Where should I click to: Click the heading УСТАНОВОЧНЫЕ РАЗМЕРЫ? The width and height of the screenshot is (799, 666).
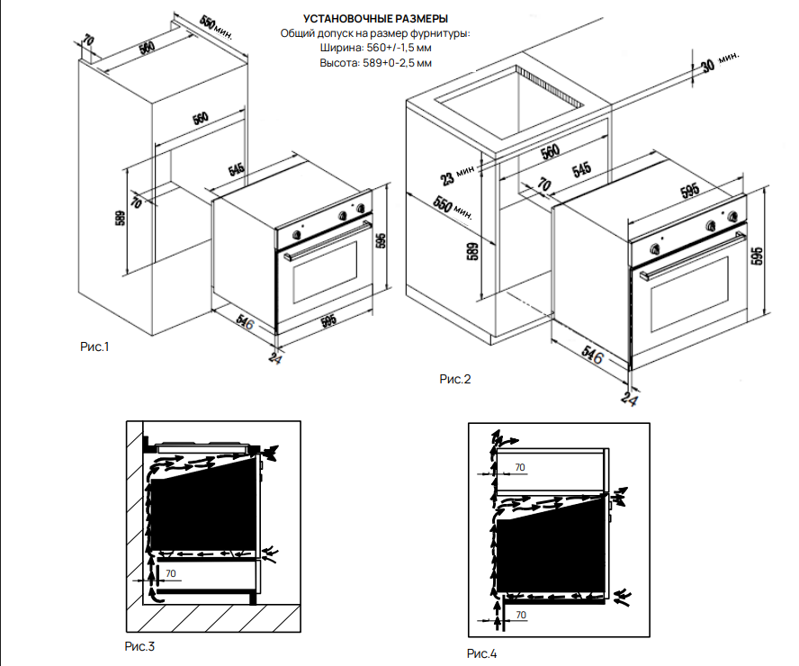pyautogui.click(x=375, y=19)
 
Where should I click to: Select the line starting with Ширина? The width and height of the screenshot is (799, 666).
pyautogui.click(x=376, y=48)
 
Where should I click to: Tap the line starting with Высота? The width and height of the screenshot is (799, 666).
pyautogui.click(x=376, y=63)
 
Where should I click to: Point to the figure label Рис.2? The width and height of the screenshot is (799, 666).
pyautogui.click(x=455, y=379)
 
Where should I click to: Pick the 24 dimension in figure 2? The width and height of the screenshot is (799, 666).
pyautogui.click(x=630, y=397)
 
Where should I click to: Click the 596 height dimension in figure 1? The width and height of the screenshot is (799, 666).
pyautogui.click(x=382, y=242)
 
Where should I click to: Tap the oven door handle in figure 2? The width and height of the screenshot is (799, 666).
pyautogui.click(x=693, y=253)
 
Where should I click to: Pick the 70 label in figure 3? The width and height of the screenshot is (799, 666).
pyautogui.click(x=172, y=572)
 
